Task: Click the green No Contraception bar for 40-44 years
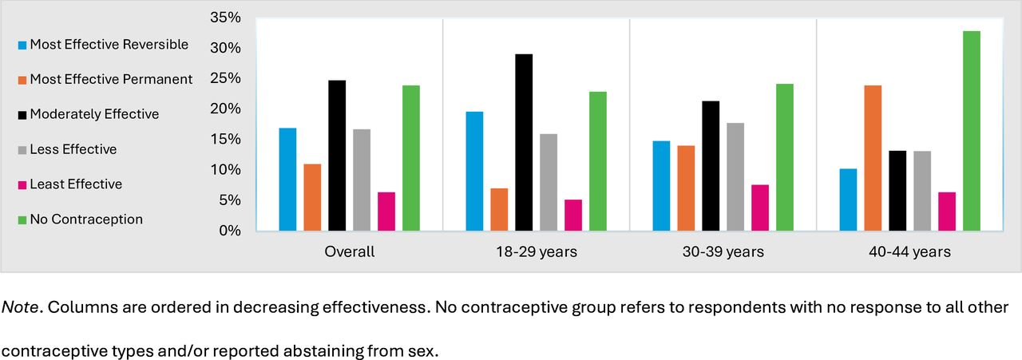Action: click(971, 132)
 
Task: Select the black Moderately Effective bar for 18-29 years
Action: click(524, 143)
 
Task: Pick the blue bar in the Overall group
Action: click(287, 180)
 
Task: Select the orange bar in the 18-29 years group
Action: click(499, 210)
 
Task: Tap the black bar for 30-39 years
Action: click(711, 166)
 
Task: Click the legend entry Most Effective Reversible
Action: click(109, 45)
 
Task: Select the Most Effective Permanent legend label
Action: click(111, 79)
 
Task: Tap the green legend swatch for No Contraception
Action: click(22, 220)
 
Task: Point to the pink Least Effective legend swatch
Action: click(22, 184)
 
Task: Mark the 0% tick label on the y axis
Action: click(230, 231)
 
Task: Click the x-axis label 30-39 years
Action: click(723, 252)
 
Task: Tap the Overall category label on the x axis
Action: click(349, 252)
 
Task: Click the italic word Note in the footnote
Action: click(22, 307)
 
